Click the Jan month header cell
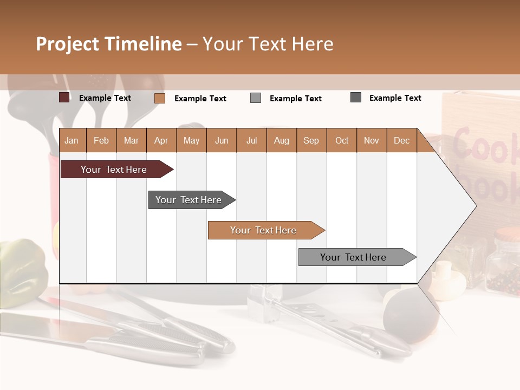tap(71, 140)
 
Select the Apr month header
tap(161, 140)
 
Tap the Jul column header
tap(251, 140)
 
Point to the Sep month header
tap(311, 140)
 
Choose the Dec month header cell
tap(401, 140)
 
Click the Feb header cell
tap(101, 140)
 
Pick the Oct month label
tap(342, 140)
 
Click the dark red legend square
tap(64, 97)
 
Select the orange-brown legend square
tap(159, 98)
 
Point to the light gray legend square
tap(256, 98)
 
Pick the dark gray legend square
tap(356, 97)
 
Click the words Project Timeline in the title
tap(108, 44)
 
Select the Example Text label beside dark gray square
tap(395, 97)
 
